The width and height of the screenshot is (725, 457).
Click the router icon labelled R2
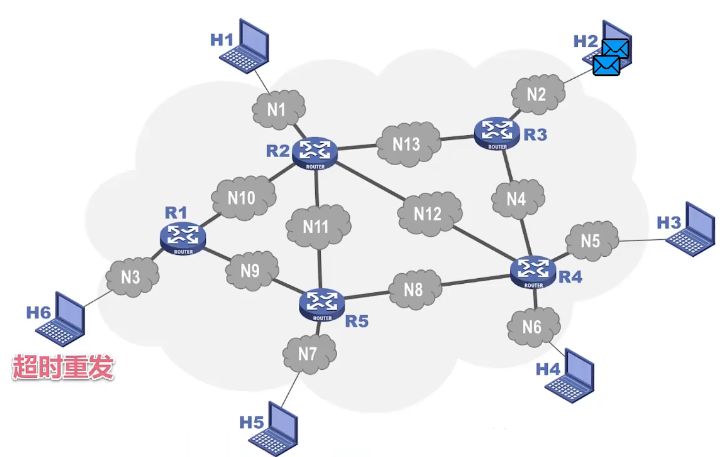[316, 152]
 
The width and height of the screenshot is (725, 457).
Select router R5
[321, 301]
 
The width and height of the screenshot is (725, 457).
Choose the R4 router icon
[531, 270]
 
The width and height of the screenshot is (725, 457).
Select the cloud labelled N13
[406, 144]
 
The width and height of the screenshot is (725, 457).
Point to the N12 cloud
[428, 213]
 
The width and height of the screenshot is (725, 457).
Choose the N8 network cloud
[413, 290]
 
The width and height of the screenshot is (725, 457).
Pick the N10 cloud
[240, 198]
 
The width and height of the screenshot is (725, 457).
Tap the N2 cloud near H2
[537, 95]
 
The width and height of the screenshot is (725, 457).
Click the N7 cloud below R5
[308, 353]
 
